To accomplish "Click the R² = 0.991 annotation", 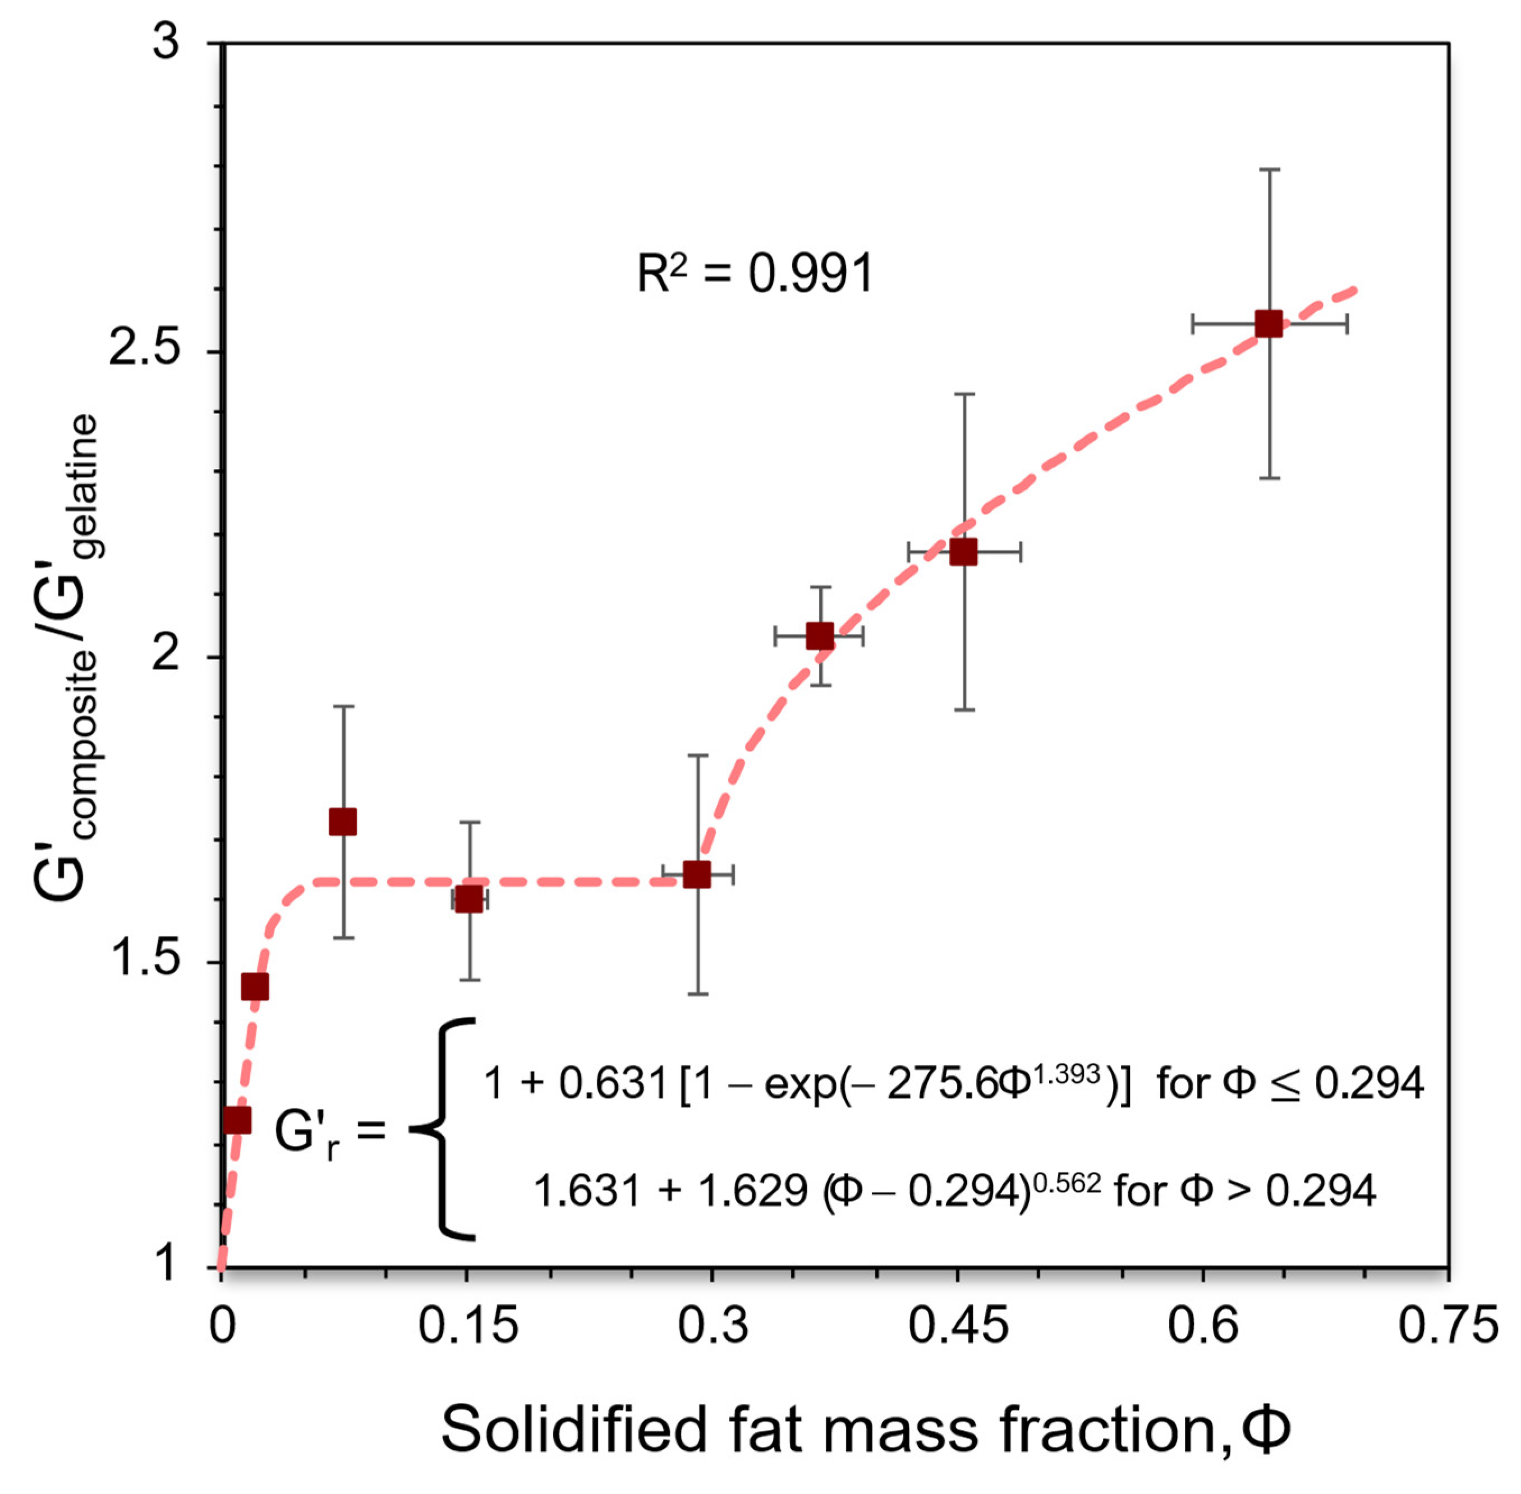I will coord(755,274).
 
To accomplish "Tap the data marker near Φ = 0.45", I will coord(963,552).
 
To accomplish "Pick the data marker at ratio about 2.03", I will coord(820,636).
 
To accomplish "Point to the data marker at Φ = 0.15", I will coord(469,899).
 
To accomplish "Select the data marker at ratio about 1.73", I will coord(343,822).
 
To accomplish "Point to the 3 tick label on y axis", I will coord(166,43).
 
